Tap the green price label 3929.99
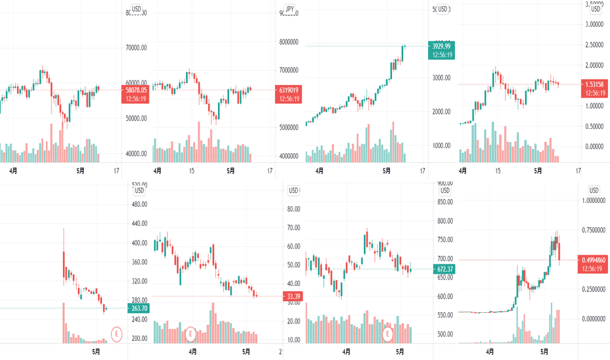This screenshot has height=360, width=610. tap(440, 50)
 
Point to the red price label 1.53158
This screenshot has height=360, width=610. tap(594, 88)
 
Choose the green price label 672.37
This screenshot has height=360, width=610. tap(446, 269)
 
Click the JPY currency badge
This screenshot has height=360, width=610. tap(289, 9)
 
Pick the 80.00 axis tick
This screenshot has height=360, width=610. tap(293, 209)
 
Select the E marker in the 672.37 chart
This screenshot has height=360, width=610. tap(388, 334)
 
